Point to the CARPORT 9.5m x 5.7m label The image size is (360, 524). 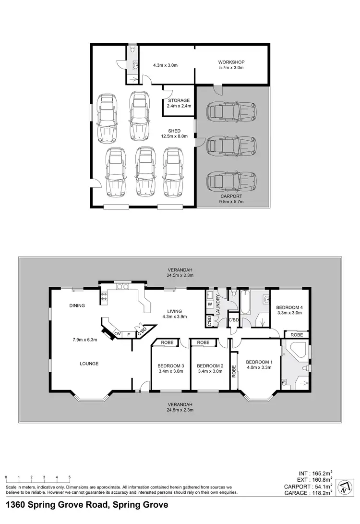pyautogui.click(x=232, y=199)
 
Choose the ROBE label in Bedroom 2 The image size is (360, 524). pyautogui.click(x=204, y=343)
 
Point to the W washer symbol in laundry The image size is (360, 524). pyautogui.click(x=210, y=304)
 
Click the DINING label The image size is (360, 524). pyautogui.click(x=77, y=305)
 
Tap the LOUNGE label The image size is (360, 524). pyautogui.click(x=89, y=364)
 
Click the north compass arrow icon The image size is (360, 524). pyautogui.click(x=344, y=488)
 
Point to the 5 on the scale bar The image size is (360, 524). pyautogui.click(x=70, y=477)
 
